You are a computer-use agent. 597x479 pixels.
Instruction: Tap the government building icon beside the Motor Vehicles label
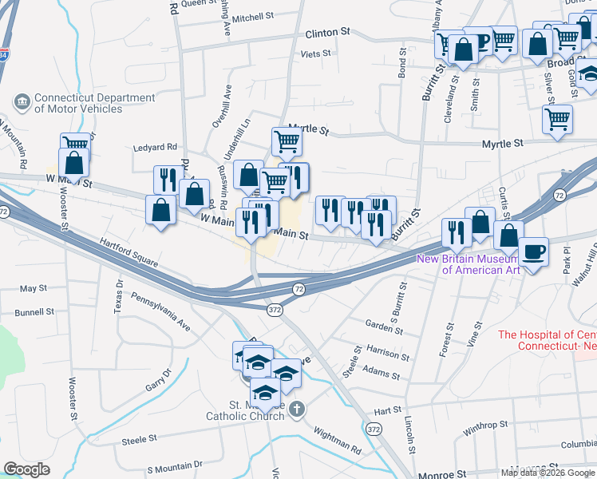(x=22, y=102)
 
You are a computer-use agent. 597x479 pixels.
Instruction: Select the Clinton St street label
(x=328, y=34)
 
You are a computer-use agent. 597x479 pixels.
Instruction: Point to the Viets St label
(x=314, y=53)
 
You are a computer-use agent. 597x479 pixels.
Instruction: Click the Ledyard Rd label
(x=154, y=147)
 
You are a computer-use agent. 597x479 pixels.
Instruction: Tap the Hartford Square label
(x=128, y=249)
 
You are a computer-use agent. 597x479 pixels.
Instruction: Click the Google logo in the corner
(x=26, y=469)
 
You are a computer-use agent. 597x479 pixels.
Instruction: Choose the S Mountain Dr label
(x=175, y=466)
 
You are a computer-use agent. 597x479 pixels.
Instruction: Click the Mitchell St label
(x=254, y=17)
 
